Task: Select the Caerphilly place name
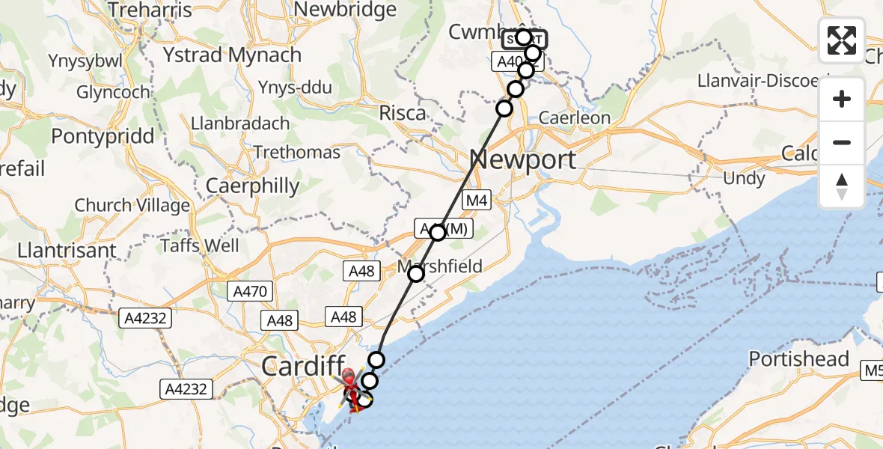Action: point(252,186)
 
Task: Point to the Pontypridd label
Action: point(103,136)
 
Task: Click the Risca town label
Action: point(403,113)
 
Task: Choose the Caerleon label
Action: point(575,117)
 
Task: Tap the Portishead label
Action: point(799,359)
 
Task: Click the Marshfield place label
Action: point(440,266)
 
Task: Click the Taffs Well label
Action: point(201,245)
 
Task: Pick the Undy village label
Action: point(744,178)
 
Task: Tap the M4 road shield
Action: point(476,200)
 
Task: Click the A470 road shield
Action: point(250,291)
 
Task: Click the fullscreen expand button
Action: point(842,40)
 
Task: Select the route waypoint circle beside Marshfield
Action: point(415,275)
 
